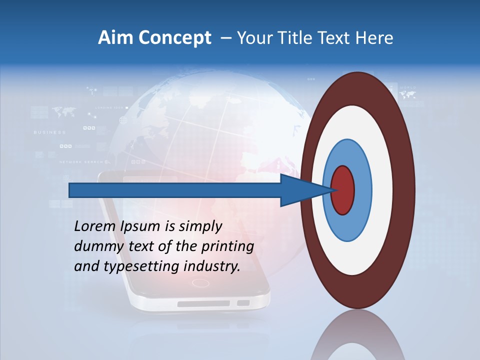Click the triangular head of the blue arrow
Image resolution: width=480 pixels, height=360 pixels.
tap(305, 190)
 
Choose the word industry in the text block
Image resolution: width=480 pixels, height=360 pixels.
tap(212, 266)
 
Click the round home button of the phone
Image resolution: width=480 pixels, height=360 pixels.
tap(200, 283)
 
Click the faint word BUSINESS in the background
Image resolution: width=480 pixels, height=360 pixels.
tap(49, 132)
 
